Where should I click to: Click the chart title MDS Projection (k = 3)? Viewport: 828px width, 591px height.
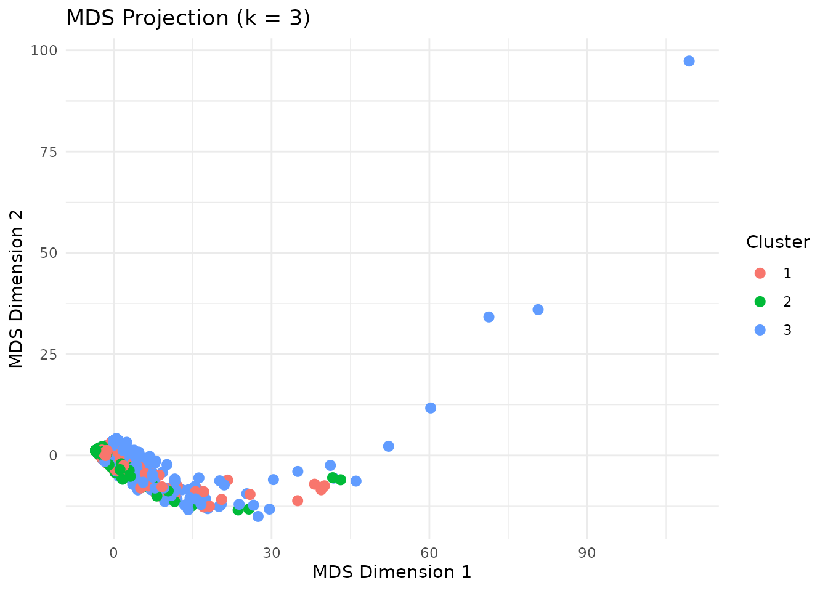188,18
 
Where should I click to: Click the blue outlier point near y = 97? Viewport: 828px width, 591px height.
689,61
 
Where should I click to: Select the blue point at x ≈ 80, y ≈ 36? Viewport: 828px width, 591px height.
538,310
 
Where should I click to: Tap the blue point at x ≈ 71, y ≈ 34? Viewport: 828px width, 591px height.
489,317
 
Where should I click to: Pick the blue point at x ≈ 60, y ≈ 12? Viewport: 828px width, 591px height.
431,408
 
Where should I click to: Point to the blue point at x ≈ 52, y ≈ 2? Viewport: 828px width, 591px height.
388,446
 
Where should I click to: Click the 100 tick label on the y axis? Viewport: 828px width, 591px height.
44,50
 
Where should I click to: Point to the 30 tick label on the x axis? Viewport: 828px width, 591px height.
271,553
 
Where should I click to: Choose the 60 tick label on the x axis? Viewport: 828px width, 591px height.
429,553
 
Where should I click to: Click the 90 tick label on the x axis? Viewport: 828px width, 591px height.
587,553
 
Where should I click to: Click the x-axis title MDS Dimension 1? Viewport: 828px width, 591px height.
392,573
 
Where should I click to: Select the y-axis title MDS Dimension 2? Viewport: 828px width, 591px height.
17,289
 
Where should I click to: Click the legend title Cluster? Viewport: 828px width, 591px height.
777,242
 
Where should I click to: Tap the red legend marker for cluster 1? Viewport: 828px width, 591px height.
760,273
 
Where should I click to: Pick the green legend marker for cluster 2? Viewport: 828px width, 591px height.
760,302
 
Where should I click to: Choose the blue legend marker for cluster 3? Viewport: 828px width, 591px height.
760,330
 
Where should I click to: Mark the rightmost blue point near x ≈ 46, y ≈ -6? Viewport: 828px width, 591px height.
355,481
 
